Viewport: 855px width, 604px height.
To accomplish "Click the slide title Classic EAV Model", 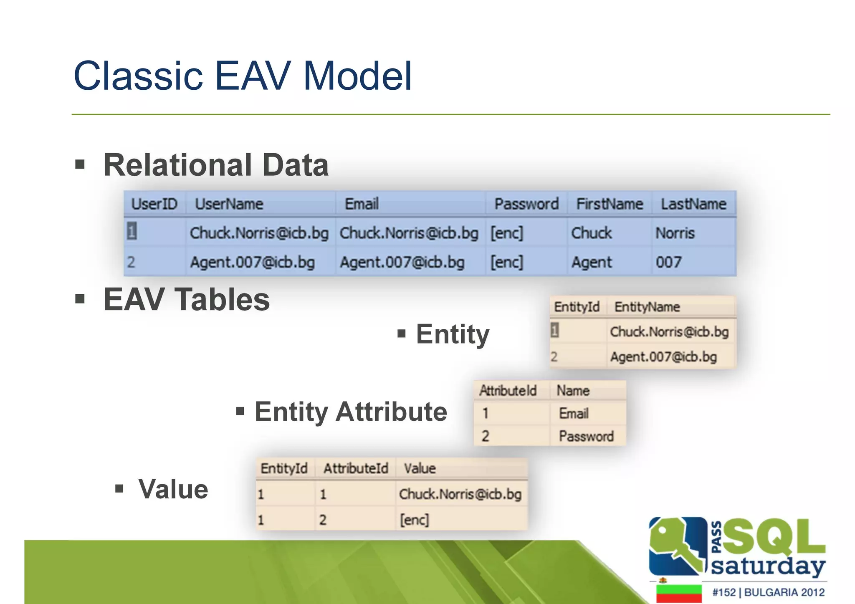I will (x=243, y=76).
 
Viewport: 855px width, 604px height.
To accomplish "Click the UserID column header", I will (x=154, y=204).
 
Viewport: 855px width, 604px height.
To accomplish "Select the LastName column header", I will (x=693, y=204).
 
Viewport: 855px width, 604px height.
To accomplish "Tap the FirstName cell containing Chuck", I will (x=591, y=233).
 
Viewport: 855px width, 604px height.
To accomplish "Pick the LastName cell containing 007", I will (x=668, y=263).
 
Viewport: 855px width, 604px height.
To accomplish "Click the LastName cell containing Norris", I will (x=675, y=233).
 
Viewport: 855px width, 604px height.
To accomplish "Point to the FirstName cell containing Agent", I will (x=591, y=263).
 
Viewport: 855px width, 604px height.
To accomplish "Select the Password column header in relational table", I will (x=526, y=204).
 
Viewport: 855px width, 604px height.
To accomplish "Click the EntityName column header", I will (x=647, y=307).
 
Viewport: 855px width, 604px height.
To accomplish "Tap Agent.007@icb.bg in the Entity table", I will (x=663, y=357).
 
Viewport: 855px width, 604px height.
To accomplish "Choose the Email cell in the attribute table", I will (x=574, y=414).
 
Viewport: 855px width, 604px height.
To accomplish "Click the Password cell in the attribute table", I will (x=586, y=437).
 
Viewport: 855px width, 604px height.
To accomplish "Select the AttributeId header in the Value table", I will (x=356, y=468).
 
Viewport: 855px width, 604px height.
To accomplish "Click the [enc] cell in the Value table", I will (x=414, y=520).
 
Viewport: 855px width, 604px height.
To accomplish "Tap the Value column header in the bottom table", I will (x=420, y=468).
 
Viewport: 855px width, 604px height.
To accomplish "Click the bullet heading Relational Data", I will (x=215, y=165).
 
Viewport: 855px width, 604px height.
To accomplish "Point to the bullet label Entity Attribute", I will (x=351, y=412).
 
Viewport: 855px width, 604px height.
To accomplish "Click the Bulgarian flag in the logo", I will (x=678, y=594).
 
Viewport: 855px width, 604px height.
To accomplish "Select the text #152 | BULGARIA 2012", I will (x=768, y=592).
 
